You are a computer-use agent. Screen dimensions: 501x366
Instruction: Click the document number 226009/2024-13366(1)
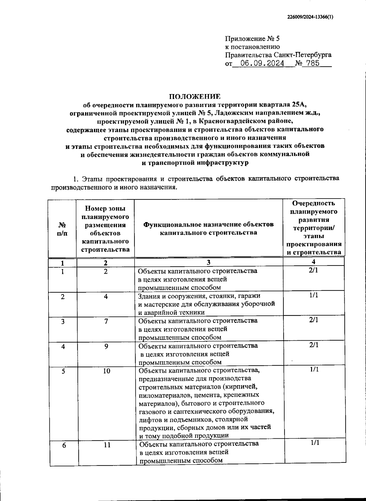click(310, 17)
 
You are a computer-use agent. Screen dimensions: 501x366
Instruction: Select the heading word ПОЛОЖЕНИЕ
click(195, 97)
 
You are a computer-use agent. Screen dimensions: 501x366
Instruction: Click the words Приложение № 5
click(252, 39)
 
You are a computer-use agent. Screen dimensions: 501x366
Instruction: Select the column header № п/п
click(62, 229)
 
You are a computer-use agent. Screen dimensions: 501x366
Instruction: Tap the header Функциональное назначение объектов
click(209, 225)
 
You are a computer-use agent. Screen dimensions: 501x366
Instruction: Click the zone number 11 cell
click(107, 445)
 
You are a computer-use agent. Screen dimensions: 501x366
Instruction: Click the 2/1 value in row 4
click(314, 345)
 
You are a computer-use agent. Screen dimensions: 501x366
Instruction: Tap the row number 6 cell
click(64, 445)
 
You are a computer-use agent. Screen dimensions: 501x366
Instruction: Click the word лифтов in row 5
click(149, 419)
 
